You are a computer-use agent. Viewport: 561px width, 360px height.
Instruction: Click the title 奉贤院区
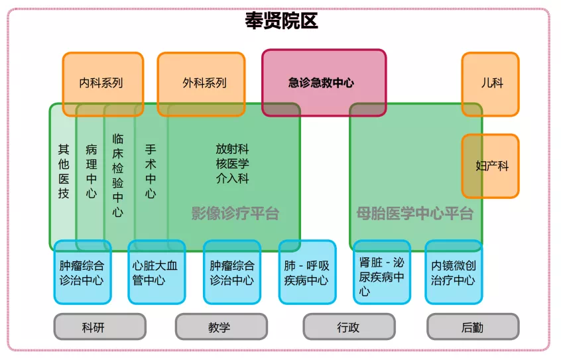click(281, 22)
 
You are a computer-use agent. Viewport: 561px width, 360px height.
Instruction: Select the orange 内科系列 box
click(102, 83)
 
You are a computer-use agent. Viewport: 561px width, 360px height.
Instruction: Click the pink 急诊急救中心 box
click(323, 83)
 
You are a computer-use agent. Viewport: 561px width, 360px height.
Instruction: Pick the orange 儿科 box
click(490, 83)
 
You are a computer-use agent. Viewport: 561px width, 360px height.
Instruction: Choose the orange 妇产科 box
click(491, 166)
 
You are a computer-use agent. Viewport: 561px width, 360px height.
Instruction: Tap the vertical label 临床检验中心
click(118, 176)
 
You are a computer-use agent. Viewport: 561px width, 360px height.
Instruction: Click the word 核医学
click(232, 164)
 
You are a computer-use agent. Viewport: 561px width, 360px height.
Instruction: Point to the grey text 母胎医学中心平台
click(414, 213)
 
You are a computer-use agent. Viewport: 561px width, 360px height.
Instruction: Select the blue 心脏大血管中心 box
click(156, 272)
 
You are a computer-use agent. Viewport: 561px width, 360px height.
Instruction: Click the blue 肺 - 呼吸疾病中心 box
click(306, 272)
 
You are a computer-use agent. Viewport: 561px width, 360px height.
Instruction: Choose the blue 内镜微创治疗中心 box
click(454, 272)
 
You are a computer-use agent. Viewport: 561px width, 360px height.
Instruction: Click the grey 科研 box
click(99, 327)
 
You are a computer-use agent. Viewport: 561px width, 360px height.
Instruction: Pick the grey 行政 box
click(349, 327)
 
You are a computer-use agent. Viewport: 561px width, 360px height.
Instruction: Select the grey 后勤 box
click(472, 327)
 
